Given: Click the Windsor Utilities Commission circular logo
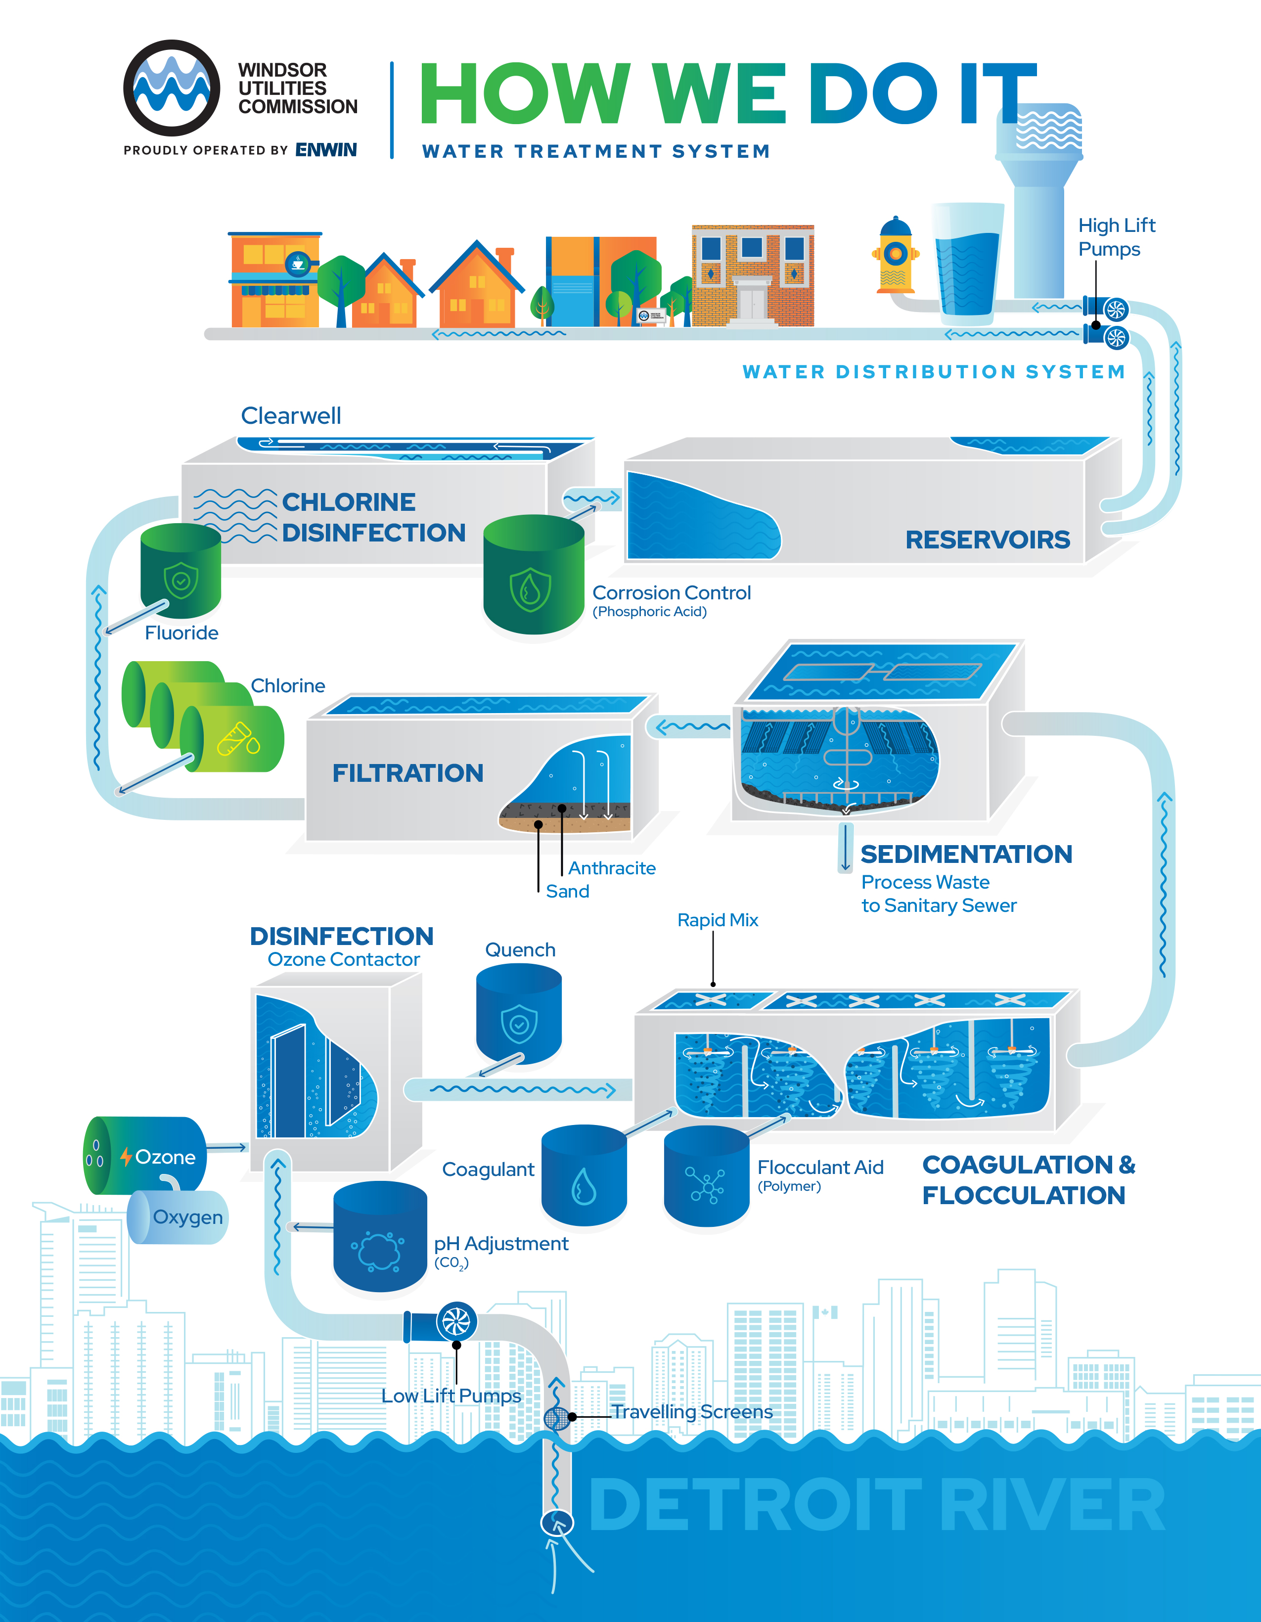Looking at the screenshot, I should [172, 88].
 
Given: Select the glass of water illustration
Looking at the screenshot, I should [967, 262].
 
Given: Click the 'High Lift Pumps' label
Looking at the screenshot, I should [1116, 237].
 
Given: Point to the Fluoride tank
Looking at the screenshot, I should [180, 570].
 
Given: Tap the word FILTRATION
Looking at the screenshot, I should [407, 773].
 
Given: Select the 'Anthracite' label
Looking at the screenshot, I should [612, 868].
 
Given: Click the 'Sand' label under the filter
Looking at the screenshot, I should [567, 891].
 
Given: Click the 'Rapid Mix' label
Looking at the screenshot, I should [718, 920].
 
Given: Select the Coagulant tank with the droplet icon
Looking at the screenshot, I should [584, 1175].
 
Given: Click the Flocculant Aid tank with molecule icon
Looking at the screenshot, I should [706, 1177].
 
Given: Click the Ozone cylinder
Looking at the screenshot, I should [145, 1156].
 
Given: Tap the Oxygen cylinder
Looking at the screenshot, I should [178, 1217].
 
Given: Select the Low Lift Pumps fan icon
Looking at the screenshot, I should [456, 1322].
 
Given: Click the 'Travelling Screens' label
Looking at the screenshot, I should [692, 1412].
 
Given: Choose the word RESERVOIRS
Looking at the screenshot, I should [987, 540].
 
